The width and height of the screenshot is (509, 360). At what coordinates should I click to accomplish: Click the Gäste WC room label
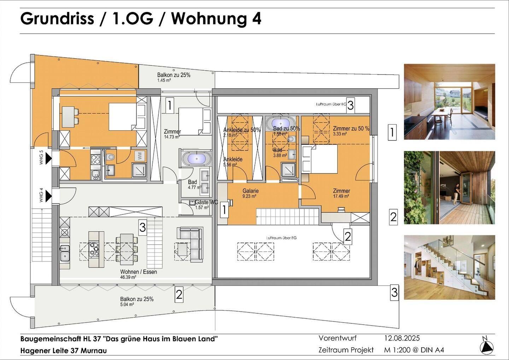click(206, 202)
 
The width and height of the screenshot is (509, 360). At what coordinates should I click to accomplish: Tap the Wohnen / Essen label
click(138, 272)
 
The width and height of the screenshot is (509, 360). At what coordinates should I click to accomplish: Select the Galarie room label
click(250, 191)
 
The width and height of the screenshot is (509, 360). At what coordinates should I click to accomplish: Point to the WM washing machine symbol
click(140, 155)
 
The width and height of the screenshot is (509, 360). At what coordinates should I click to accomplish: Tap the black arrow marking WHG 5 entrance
click(48, 158)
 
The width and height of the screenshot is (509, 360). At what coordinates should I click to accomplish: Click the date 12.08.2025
click(402, 338)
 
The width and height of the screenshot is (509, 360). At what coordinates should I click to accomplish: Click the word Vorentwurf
click(337, 338)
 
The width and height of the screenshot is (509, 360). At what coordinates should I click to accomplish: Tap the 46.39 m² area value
click(128, 277)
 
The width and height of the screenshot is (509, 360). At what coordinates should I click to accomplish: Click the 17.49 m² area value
click(341, 196)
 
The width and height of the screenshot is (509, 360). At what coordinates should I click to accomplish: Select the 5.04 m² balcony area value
click(127, 305)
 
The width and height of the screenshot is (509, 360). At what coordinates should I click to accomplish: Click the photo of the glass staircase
click(449, 267)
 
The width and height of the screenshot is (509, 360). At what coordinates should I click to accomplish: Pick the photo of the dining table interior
click(449, 102)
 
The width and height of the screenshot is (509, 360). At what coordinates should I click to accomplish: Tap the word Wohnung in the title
click(209, 18)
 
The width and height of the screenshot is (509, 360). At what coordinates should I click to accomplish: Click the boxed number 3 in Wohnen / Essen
click(142, 227)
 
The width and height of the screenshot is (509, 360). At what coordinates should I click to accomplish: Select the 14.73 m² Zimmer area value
click(172, 137)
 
